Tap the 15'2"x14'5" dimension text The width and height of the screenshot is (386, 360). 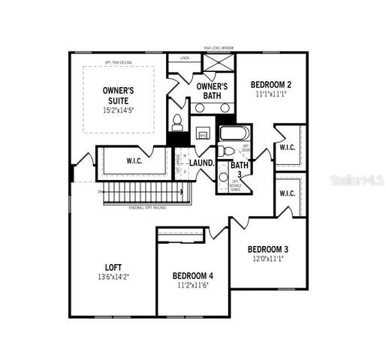pos(119,109)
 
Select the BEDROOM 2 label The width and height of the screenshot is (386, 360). pos(270,84)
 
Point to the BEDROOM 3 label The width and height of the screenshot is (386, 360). pos(268,249)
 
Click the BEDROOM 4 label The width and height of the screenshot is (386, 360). pos(193,275)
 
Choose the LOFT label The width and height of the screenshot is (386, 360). pos(113,266)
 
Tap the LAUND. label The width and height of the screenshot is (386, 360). pos(201,163)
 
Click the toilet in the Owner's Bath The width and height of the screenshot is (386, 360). pos(177,121)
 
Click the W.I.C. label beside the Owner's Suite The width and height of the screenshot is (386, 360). pos(134,160)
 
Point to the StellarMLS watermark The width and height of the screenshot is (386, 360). pos(351,181)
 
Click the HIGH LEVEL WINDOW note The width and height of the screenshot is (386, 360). pos(219,47)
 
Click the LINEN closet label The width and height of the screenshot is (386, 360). pos(185,58)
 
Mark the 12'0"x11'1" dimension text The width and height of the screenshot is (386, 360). pos(268,259)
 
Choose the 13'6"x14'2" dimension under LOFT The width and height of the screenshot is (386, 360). pos(113,277)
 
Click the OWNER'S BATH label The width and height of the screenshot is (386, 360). pos(213,91)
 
